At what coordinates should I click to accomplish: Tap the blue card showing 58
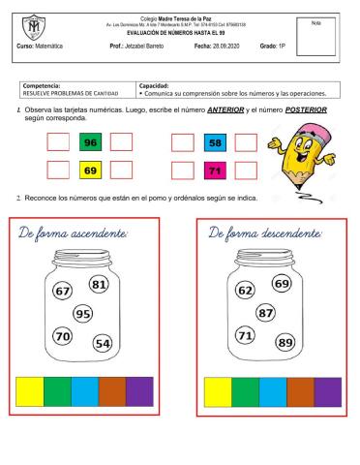point(215,143)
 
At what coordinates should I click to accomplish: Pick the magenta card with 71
point(215,170)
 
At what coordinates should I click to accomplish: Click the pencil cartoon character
point(301,151)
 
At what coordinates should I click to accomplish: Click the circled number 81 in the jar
point(99,285)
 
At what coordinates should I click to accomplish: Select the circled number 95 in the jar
point(84,313)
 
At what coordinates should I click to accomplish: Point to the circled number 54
point(103,343)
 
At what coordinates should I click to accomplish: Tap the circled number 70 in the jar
point(63,336)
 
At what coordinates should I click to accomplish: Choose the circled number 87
point(265,313)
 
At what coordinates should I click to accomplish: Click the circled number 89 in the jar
point(285,342)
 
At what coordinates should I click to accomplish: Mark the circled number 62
point(246,291)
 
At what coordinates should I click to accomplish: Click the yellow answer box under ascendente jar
point(30,391)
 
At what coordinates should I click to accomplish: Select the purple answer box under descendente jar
point(327,391)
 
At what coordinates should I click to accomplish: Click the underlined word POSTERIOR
point(306,110)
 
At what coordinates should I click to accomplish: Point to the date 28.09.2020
point(216,46)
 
